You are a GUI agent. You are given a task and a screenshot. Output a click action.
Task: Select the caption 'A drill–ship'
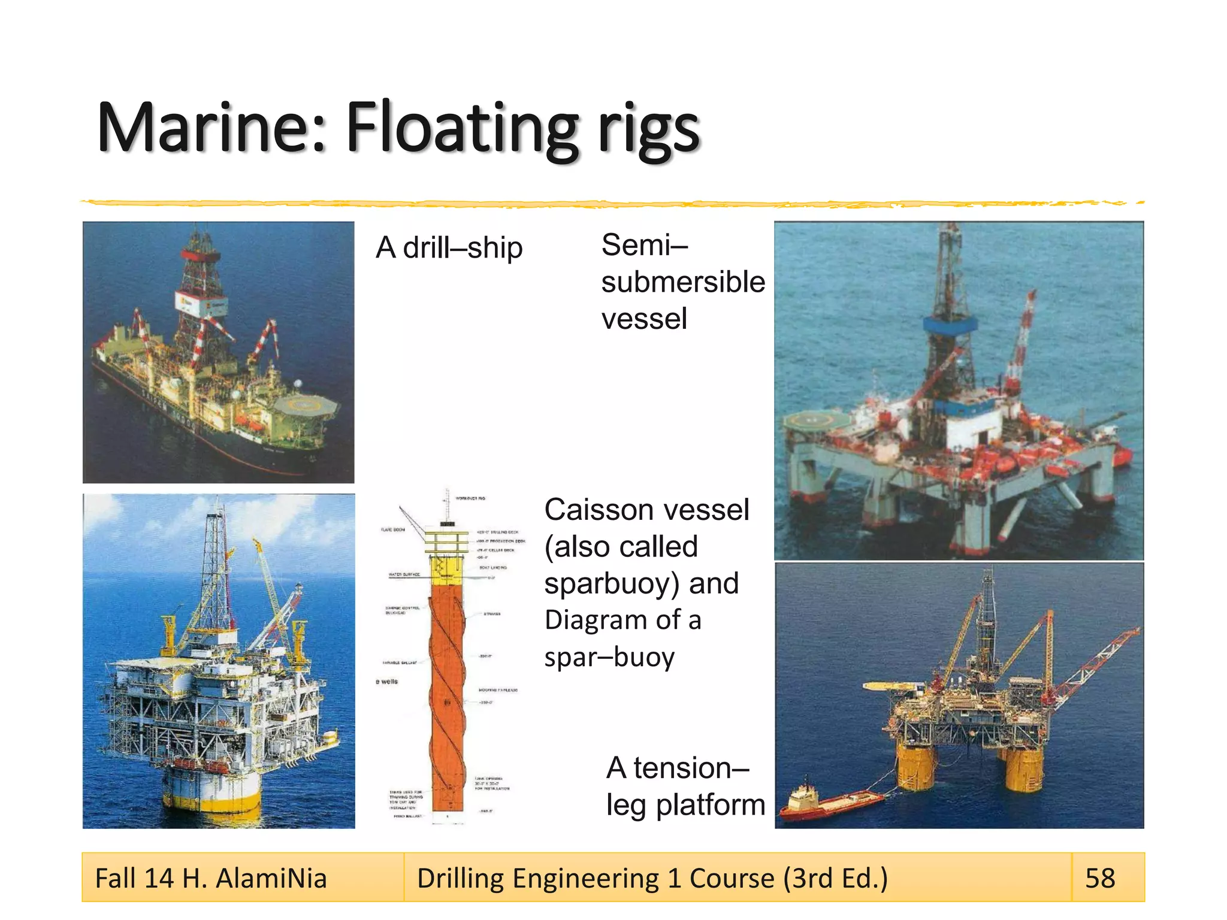(x=449, y=248)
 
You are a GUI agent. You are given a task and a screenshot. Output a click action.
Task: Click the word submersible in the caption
(x=683, y=282)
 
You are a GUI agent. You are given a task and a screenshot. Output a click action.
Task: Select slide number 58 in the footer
(x=1100, y=878)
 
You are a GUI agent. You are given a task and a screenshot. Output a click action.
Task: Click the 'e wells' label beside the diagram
(x=387, y=682)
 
